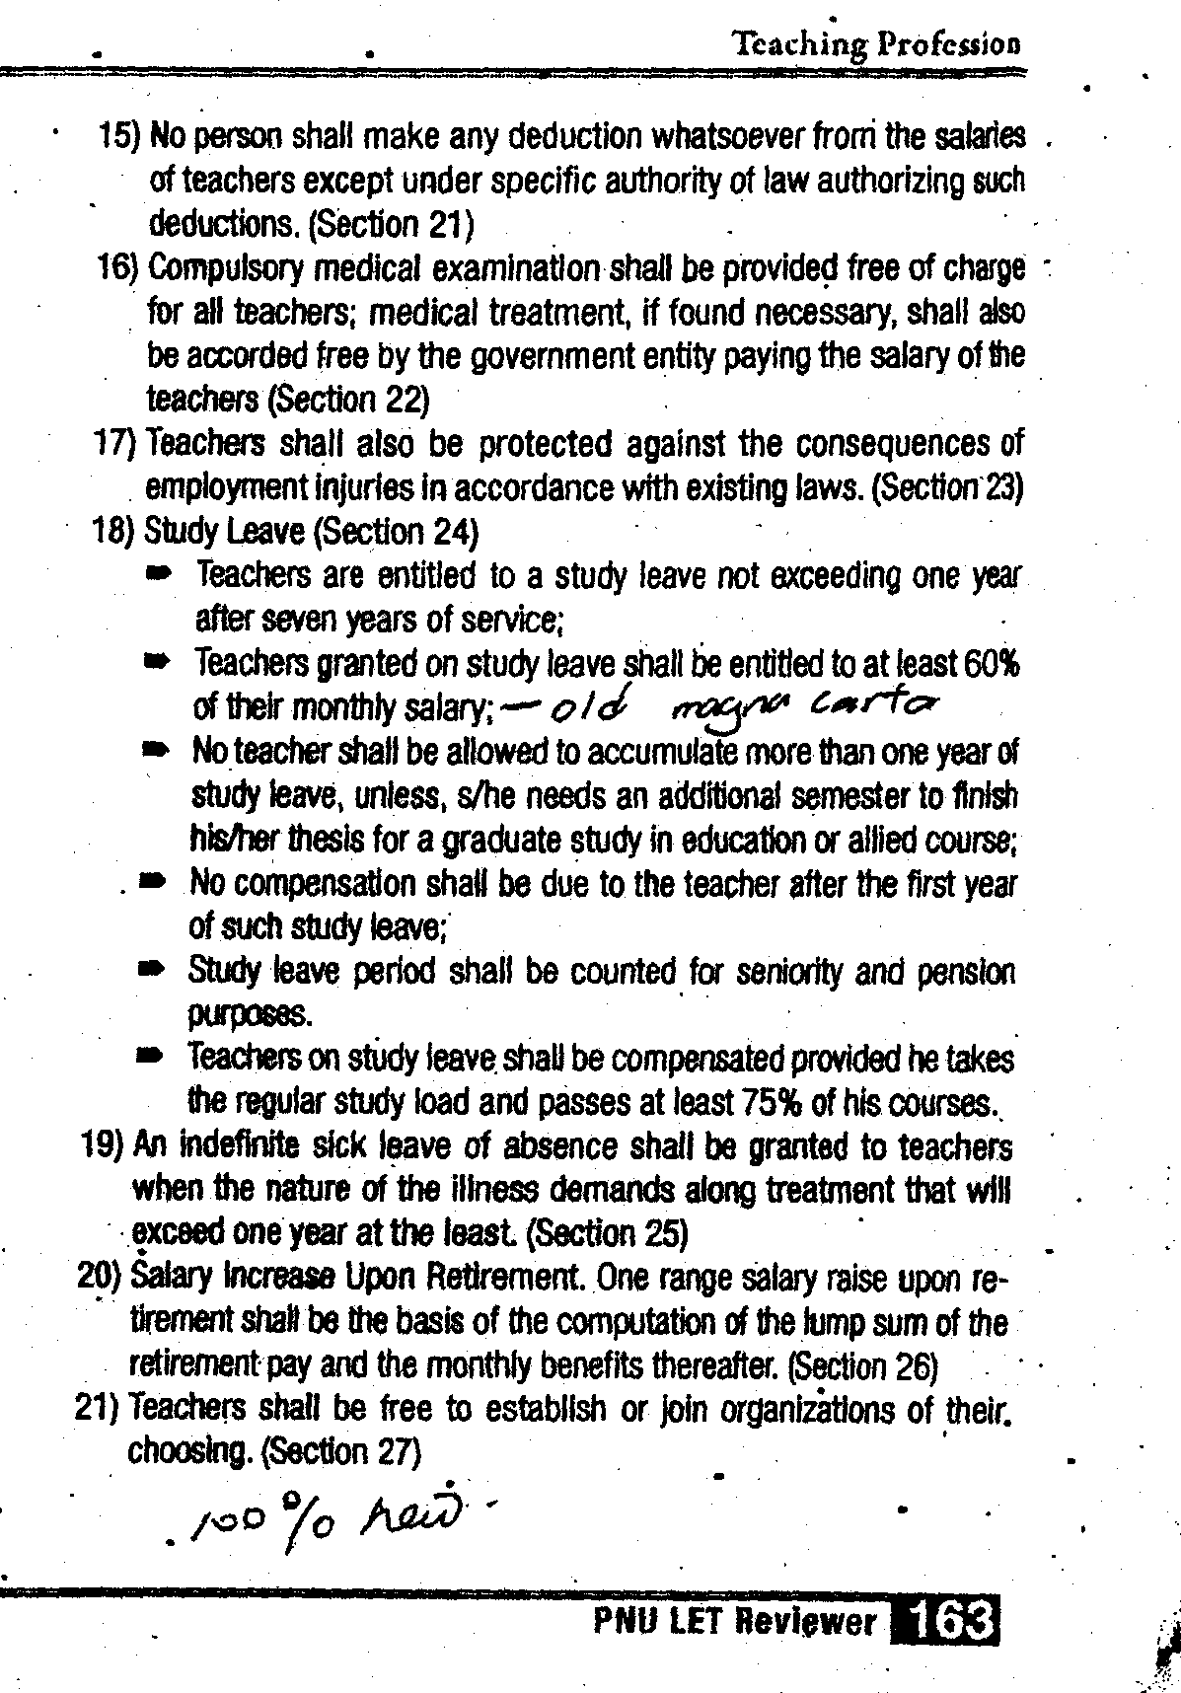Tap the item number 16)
[x=120, y=267]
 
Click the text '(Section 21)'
[x=393, y=225]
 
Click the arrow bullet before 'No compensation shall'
[x=151, y=884]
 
